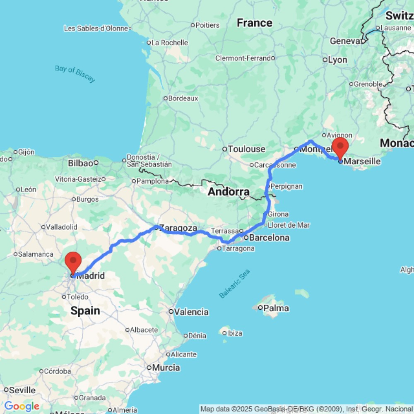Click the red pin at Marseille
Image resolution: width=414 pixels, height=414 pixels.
(x=340, y=147)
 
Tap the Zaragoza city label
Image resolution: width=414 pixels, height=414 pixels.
(x=178, y=228)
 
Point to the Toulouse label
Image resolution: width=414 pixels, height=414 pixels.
(x=246, y=149)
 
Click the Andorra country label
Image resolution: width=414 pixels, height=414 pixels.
(x=229, y=192)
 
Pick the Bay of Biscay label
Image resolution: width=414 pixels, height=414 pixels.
(x=75, y=74)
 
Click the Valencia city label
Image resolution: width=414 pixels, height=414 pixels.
(x=191, y=312)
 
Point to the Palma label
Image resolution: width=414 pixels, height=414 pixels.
(x=276, y=308)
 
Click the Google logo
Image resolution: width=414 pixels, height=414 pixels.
(x=22, y=406)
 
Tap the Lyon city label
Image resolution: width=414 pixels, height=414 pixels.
(x=337, y=60)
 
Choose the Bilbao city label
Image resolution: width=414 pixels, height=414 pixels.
(x=80, y=163)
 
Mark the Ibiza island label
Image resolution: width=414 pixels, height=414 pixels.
(x=234, y=333)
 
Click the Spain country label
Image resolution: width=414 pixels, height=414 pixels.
(x=85, y=310)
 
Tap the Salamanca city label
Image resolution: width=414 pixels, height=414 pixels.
(x=36, y=254)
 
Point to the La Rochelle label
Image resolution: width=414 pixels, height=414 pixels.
(x=169, y=43)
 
